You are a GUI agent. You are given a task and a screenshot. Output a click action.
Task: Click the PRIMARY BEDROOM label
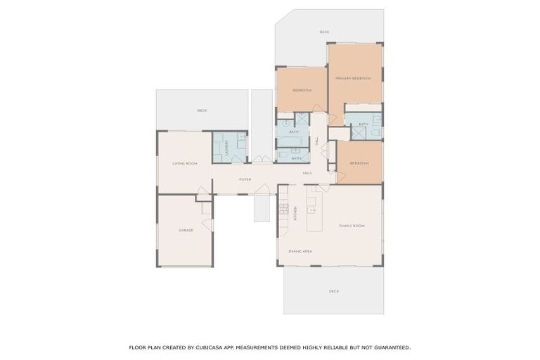pos(352,78)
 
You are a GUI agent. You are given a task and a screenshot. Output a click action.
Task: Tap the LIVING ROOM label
pos(185,164)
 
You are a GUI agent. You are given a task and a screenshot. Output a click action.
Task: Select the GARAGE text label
pos(186,231)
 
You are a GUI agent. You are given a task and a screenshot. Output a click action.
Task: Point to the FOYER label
pos(245,179)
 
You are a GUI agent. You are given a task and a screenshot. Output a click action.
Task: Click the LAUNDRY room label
pos(227,147)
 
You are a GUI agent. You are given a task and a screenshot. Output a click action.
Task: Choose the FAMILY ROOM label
pos(352,226)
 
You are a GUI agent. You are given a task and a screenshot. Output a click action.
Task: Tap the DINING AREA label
pos(300,251)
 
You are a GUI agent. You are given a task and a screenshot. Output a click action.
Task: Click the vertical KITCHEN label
pos(295,213)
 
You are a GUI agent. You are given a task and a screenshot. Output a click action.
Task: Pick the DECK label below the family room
pos(334,291)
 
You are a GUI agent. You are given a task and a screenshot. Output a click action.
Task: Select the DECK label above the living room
pos(202,110)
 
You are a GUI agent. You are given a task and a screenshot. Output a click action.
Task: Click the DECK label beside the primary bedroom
pos(324,32)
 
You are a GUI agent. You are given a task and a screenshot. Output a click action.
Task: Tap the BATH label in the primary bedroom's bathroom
pos(363,124)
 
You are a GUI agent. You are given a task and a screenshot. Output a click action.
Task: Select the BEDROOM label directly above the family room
pos(359,163)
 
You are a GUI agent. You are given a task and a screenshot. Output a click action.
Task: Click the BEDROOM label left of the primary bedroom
pos(302,91)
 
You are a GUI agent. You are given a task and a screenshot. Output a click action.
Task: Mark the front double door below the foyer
pos(262,190)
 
